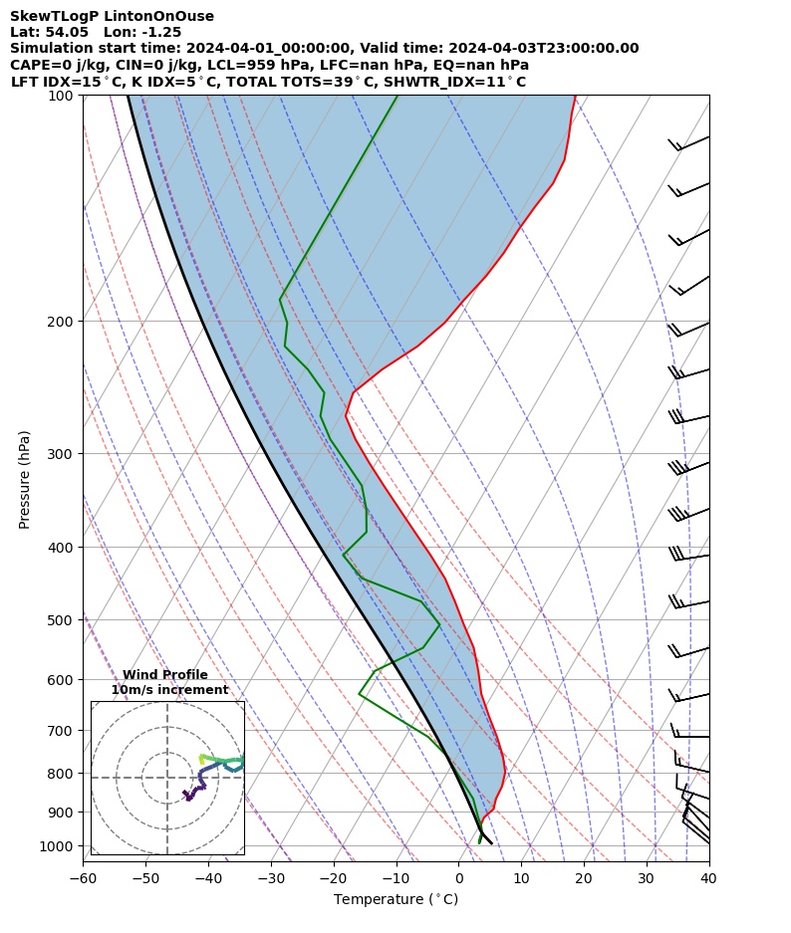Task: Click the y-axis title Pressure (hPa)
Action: pyautogui.click(x=25, y=479)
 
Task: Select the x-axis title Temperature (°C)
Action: pyautogui.click(x=395, y=900)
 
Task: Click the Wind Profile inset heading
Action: pyautogui.click(x=165, y=675)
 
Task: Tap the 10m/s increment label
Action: pyautogui.click(x=169, y=690)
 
